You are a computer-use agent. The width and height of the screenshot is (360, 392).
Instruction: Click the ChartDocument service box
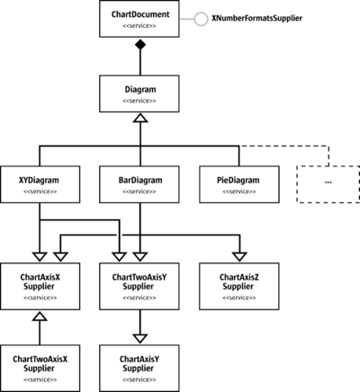click(x=139, y=19)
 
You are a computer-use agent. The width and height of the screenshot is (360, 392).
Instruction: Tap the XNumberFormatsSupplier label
click(x=257, y=18)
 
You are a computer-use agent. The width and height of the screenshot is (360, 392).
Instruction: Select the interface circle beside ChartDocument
click(x=201, y=19)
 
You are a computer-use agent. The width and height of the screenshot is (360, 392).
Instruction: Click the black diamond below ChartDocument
click(x=140, y=45)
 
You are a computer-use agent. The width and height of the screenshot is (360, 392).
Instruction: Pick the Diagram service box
click(x=139, y=94)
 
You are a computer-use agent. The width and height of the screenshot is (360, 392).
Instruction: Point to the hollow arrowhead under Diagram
click(x=140, y=118)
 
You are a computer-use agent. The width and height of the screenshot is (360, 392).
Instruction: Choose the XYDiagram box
click(x=40, y=184)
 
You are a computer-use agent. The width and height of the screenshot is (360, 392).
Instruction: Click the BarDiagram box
click(x=139, y=184)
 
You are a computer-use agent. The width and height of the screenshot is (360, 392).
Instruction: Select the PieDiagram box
click(x=239, y=184)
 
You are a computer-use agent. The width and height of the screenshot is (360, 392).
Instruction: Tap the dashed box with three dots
click(x=328, y=184)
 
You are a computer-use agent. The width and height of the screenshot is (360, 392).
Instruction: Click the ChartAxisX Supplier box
click(x=40, y=286)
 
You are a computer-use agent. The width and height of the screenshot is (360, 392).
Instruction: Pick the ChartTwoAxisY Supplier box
click(x=139, y=286)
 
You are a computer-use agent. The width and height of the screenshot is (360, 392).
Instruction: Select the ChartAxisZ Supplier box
click(x=239, y=286)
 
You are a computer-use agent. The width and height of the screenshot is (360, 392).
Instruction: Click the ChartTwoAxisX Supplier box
click(x=40, y=369)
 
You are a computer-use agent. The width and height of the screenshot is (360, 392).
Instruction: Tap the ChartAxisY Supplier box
click(x=139, y=369)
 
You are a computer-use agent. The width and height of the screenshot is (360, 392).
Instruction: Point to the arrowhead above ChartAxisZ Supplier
click(x=239, y=257)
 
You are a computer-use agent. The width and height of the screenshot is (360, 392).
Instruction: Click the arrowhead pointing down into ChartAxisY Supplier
click(x=140, y=339)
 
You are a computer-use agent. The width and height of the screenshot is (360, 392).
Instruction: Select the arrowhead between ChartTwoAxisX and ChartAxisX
click(x=40, y=316)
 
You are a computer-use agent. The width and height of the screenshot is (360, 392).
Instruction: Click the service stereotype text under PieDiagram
click(x=239, y=192)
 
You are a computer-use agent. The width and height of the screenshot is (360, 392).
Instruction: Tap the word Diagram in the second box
click(x=140, y=90)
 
